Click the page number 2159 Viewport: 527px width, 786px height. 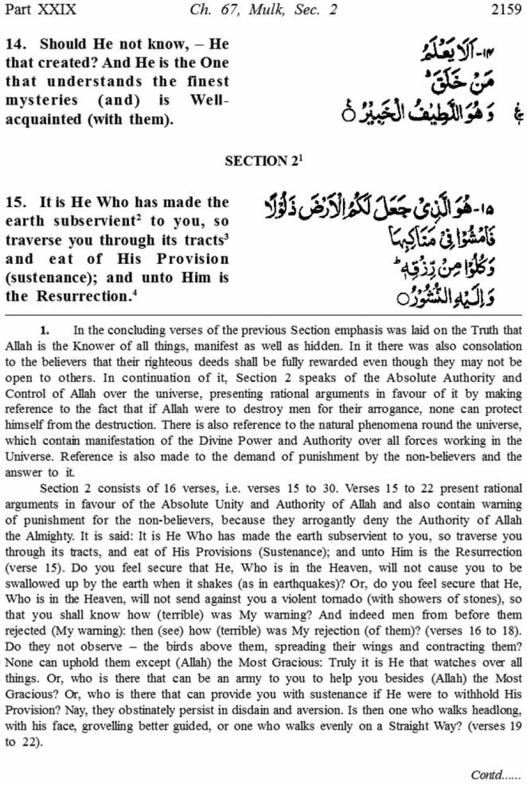pyautogui.click(x=506, y=9)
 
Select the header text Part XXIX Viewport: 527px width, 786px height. pyautogui.click(x=41, y=9)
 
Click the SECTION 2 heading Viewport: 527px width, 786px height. pyautogui.click(x=263, y=161)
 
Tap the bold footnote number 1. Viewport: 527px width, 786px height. pyautogui.click(x=44, y=330)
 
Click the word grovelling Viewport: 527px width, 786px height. pyautogui.click(x=77, y=726)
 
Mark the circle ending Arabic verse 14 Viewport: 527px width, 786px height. pyautogui.click(x=347, y=115)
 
